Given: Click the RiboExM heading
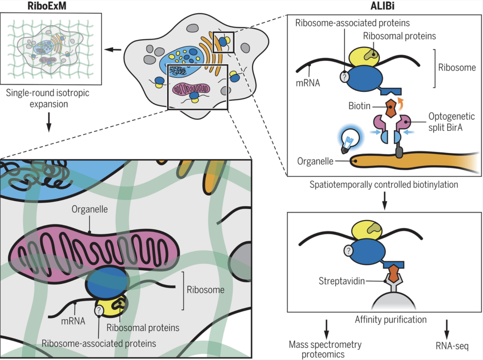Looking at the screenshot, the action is point(47,6).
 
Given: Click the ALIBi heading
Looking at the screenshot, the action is point(382,6).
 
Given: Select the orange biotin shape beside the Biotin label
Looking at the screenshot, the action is point(391,108).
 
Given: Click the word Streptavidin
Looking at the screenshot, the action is point(342,281).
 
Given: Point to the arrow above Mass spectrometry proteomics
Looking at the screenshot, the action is point(326,329).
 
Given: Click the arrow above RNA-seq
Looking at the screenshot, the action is point(446,329).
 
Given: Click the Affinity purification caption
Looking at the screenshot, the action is point(390,319).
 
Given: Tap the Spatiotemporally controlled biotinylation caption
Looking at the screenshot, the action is point(384,185).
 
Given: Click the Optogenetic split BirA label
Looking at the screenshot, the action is point(451,122).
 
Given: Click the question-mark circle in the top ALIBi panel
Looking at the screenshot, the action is point(345,77).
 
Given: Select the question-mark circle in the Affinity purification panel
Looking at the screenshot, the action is point(348,250).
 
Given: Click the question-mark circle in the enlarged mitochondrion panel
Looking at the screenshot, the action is point(99,310).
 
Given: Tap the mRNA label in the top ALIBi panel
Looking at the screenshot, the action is point(308,83).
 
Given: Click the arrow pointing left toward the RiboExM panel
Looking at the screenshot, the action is point(113,50).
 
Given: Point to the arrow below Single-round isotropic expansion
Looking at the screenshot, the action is point(49,122).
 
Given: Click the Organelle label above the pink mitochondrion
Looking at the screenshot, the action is point(90,209).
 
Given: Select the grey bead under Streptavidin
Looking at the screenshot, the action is point(393,301).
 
